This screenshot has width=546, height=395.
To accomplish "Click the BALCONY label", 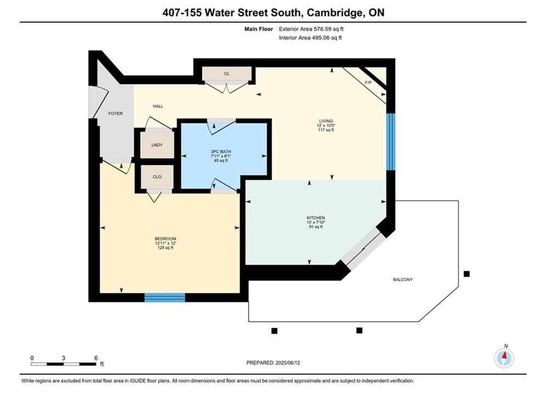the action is pos(403,279).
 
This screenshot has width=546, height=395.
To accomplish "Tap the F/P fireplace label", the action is pos(368,83).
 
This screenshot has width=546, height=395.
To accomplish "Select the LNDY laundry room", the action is pos(157,145).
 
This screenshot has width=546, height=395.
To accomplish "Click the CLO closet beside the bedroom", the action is pos(157,177).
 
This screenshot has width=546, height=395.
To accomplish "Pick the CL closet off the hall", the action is pos(227,74).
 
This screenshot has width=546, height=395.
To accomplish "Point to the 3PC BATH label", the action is pos(221,152).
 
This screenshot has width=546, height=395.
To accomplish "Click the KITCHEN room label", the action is pos(316,218).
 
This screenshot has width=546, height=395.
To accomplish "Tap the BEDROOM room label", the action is pos(165,239).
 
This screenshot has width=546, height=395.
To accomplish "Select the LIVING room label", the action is pos(326,121).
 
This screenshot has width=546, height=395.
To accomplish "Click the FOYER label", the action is pos(116,114).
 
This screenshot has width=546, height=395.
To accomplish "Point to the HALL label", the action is pos(157,106).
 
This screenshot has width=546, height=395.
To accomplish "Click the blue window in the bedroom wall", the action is pos(165,297).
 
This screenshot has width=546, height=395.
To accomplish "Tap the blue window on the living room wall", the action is pos(391,142).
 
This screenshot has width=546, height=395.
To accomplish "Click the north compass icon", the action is pos(504,357).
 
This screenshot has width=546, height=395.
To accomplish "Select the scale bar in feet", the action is pos(63,364).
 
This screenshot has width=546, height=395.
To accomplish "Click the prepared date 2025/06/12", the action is pos(288,363).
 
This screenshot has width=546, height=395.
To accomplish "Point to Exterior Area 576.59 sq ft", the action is pos(311,29).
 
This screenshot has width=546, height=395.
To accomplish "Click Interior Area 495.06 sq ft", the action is pos(310,38).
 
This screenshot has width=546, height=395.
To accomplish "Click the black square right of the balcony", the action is pos(466,274).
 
